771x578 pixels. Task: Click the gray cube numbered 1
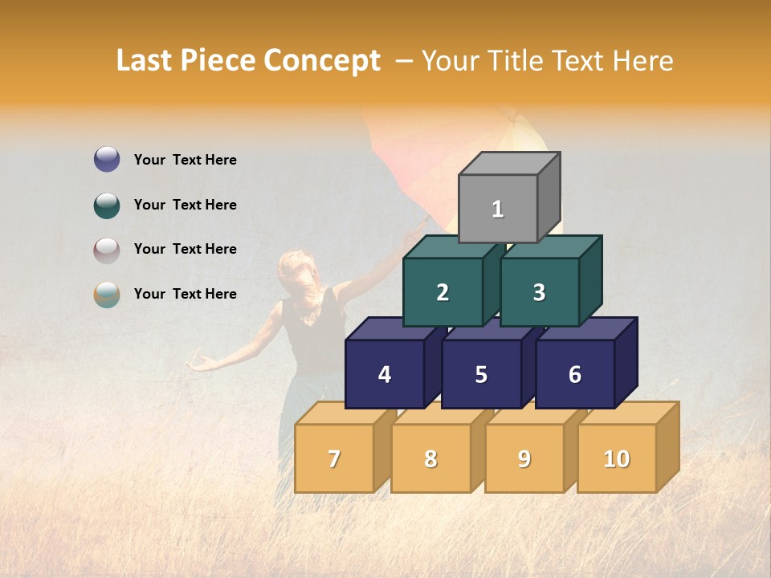pyautogui.click(x=498, y=209)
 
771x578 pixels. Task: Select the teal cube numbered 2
pyautogui.click(x=443, y=292)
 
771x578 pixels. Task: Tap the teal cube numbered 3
pyautogui.click(x=539, y=292)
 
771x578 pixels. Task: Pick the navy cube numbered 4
pyautogui.click(x=385, y=374)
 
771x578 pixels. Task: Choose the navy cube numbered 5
pyautogui.click(x=481, y=374)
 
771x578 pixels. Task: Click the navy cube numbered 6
pyautogui.click(x=575, y=374)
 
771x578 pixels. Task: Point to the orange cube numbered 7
pyautogui.click(x=334, y=458)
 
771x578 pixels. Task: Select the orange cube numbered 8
pyautogui.click(x=430, y=458)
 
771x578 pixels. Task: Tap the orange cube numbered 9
pyautogui.click(x=524, y=458)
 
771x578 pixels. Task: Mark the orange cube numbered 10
pyautogui.click(x=617, y=458)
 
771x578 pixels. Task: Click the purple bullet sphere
pyautogui.click(x=107, y=160)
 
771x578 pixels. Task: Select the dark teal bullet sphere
pyautogui.click(x=107, y=205)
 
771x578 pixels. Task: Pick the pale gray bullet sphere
pyautogui.click(x=107, y=250)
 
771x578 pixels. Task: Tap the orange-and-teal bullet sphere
pyautogui.click(x=107, y=295)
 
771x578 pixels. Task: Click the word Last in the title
pyautogui.click(x=147, y=61)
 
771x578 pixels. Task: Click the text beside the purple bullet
pyautogui.click(x=186, y=160)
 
